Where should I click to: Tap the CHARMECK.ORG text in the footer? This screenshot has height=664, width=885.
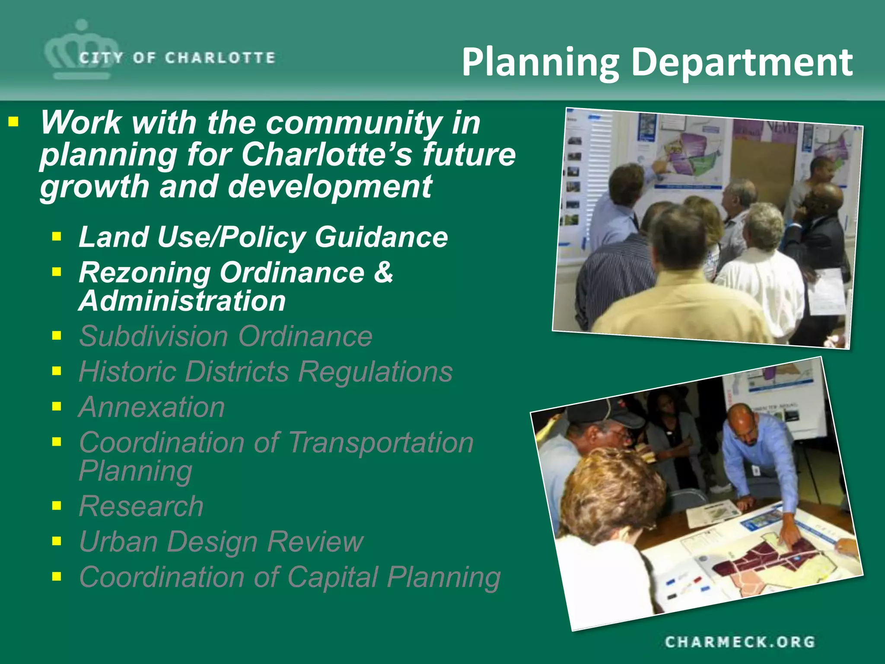coord(740,642)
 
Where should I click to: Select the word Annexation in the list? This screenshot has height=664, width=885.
coord(152,407)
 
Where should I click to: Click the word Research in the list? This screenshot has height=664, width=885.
coord(141,506)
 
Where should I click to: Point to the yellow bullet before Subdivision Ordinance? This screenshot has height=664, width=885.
coord(57,335)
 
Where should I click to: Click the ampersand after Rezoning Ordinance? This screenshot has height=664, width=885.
coord(383,273)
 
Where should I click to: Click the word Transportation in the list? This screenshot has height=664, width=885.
coord(381,443)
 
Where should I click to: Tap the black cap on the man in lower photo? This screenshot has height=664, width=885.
coord(605,412)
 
